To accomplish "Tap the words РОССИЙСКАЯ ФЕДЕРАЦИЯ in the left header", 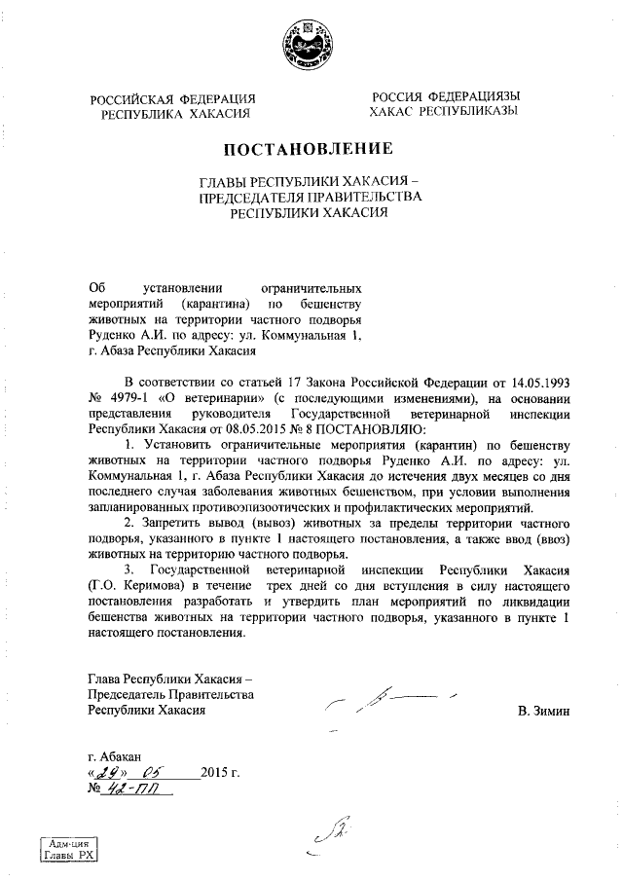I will tap(173, 98).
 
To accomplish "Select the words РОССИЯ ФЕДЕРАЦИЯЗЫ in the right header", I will tap(444, 97).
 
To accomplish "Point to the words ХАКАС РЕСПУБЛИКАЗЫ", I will tap(444, 113).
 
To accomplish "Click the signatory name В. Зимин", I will tap(543, 712).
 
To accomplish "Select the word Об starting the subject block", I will tap(95, 288).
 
